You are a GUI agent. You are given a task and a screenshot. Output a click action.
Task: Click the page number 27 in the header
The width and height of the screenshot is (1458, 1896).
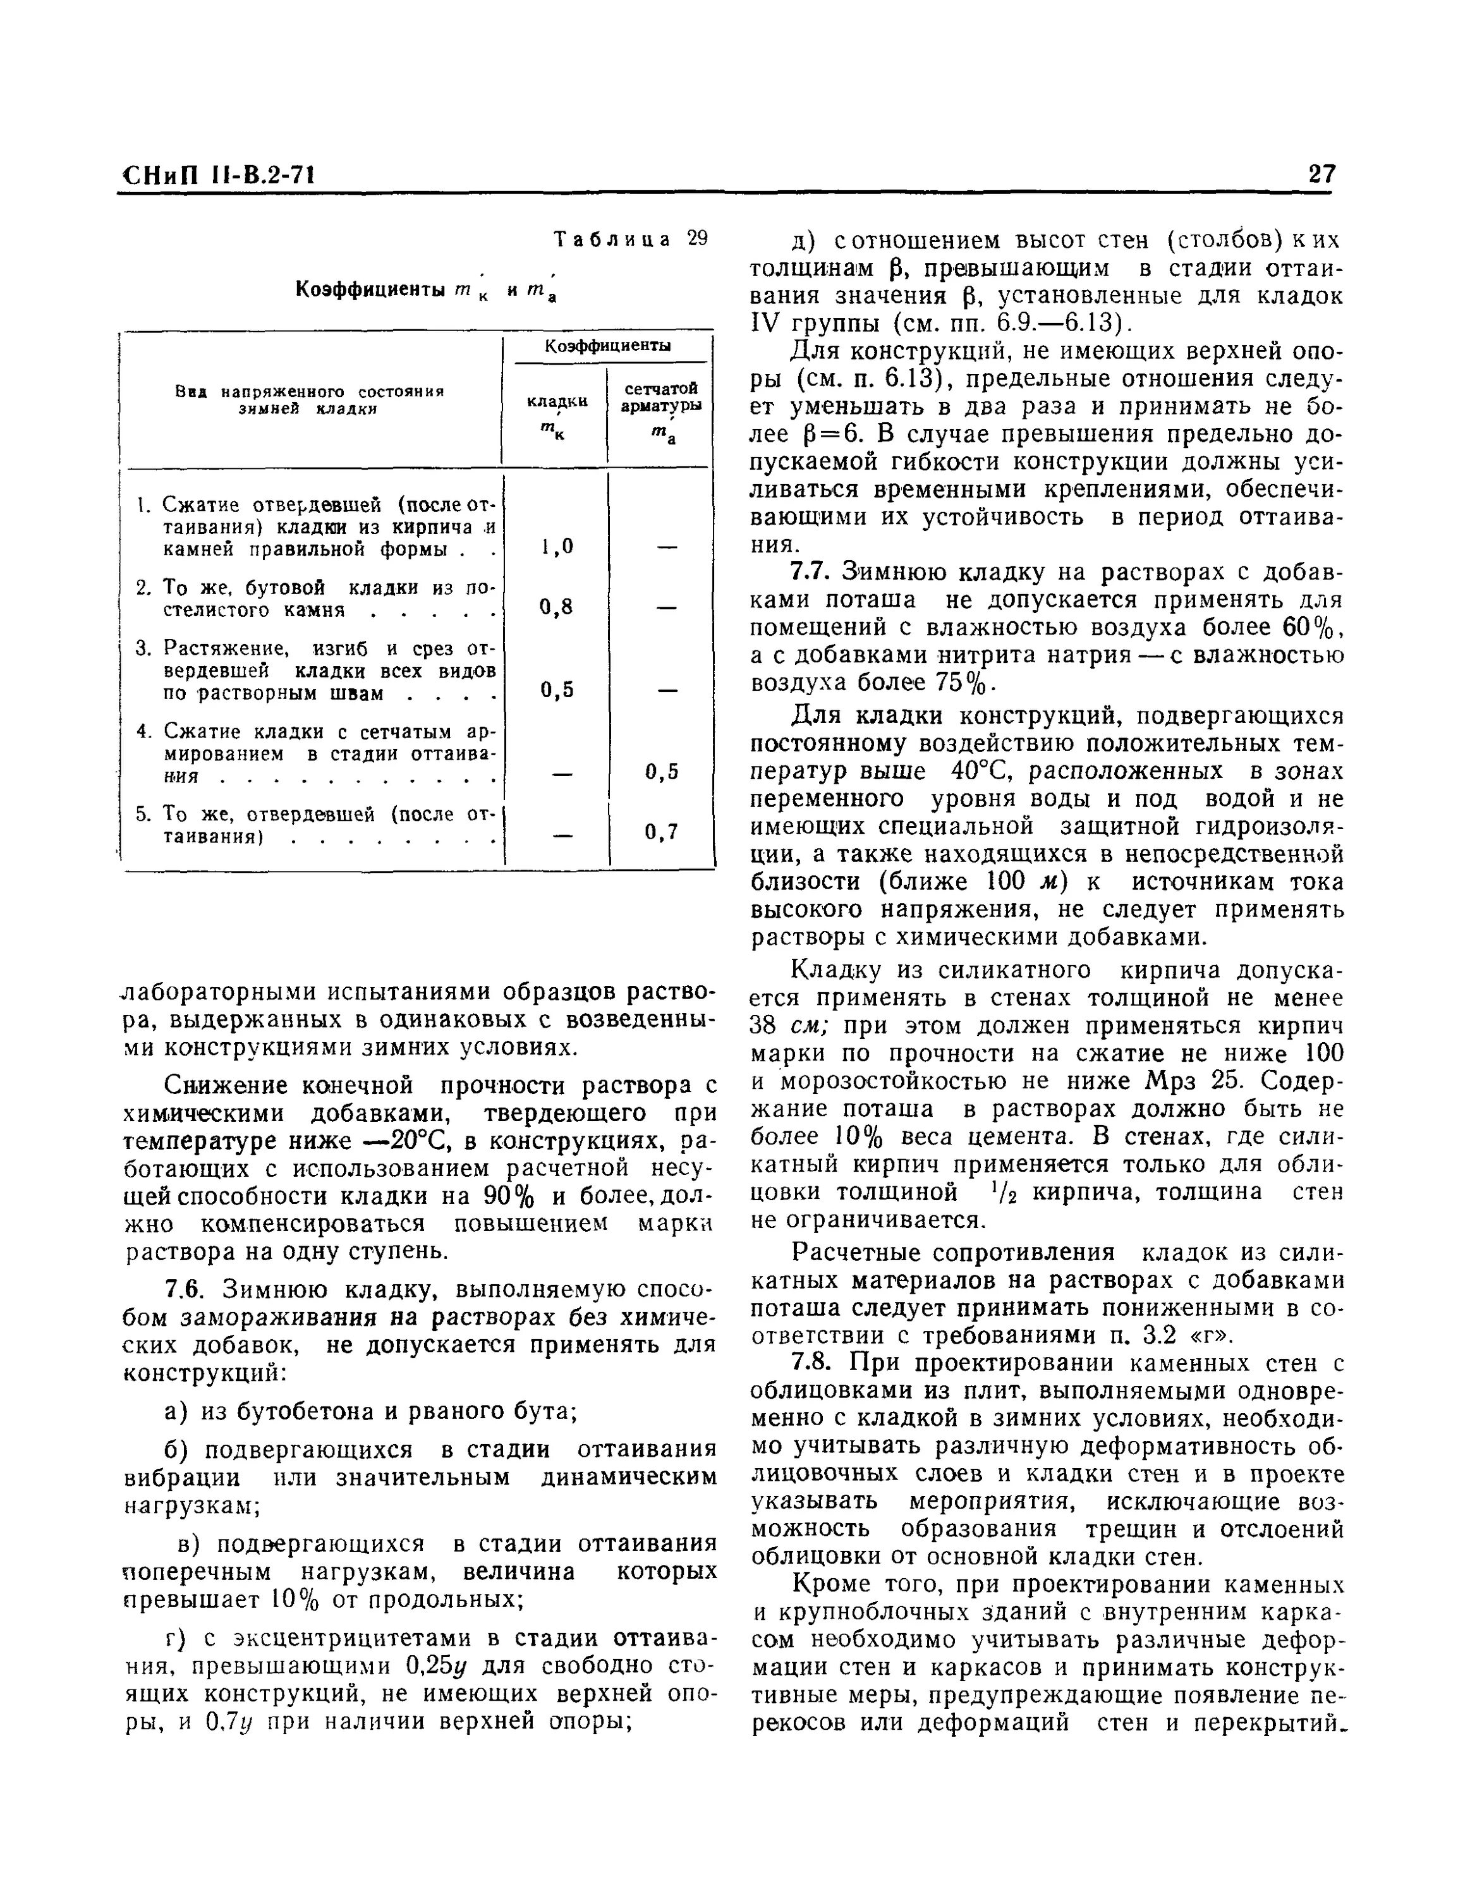click(x=1321, y=174)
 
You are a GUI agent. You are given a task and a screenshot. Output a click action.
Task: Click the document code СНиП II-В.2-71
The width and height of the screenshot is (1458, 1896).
click(x=217, y=176)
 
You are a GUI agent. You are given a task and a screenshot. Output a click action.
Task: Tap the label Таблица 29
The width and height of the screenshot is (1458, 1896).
click(x=631, y=239)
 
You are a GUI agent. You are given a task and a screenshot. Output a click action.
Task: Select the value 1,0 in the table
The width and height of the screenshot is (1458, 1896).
click(x=556, y=547)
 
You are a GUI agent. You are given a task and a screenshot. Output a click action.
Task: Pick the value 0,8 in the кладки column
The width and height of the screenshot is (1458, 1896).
click(x=556, y=607)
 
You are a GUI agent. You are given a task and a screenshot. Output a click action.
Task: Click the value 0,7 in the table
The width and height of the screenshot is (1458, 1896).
click(x=660, y=833)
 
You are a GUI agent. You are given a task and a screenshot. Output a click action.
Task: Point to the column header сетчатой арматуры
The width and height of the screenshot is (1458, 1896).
click(x=660, y=398)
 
